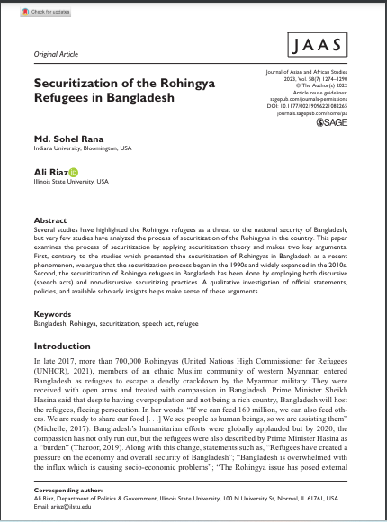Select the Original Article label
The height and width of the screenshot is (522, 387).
[56, 56]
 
